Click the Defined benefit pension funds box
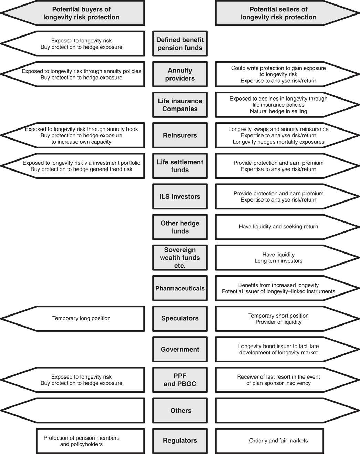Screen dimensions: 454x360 [x=180, y=44]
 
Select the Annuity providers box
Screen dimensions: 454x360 [x=180, y=74]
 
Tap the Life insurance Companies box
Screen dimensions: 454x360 [x=180, y=105]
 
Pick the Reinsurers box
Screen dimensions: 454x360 [x=180, y=135]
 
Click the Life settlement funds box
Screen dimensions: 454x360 [x=180, y=166]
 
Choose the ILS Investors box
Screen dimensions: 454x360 [x=180, y=196]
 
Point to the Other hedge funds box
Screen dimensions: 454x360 [x=180, y=227]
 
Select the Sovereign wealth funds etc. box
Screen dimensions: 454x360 [x=180, y=258]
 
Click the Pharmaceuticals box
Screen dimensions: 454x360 [x=180, y=288]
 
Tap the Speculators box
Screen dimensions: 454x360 [x=180, y=318]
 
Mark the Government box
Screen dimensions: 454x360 [x=180, y=349]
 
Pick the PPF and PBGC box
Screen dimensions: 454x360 [x=180, y=380]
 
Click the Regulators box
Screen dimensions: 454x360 [x=180, y=441]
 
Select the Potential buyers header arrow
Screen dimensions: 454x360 [x=81, y=13]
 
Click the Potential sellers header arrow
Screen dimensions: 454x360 [x=278, y=13]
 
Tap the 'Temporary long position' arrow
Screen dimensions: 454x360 [x=81, y=318]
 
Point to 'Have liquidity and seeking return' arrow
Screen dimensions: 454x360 [x=278, y=227]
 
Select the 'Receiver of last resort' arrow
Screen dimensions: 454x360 [x=278, y=380]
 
